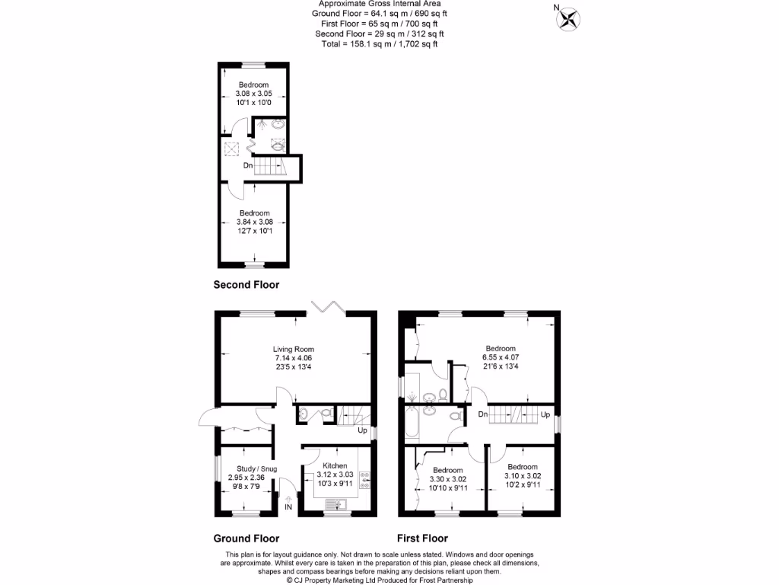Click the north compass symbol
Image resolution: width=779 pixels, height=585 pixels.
click(567, 18)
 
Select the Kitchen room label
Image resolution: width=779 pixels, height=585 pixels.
click(335, 465)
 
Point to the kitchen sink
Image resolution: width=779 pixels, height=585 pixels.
click(335, 503)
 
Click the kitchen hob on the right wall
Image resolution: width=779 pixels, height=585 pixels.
click(365, 480)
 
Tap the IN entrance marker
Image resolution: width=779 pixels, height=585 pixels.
click(288, 507)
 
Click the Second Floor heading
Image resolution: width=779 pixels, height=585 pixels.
click(246, 285)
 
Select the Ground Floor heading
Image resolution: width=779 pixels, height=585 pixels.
click(246, 538)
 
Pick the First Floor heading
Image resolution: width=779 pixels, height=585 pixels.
click(422, 538)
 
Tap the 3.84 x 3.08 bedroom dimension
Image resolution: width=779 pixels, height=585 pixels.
click(254, 222)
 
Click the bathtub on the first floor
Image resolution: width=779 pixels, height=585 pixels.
click(412, 424)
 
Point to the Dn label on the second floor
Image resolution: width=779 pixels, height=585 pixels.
click(248, 165)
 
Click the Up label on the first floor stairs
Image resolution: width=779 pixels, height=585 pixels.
click(545, 414)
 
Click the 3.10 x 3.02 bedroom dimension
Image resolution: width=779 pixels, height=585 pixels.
click(523, 476)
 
